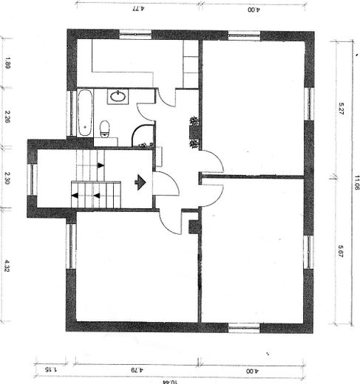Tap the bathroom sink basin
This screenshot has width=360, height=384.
coord(118,95)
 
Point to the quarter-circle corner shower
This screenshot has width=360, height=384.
coord(143,135)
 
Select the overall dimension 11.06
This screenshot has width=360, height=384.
coord(356,182)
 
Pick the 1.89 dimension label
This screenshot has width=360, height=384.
coord(7,65)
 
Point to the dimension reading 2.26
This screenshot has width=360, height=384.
coord(7,117)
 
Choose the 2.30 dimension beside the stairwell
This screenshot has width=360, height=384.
coord(7,177)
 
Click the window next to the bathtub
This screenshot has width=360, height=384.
coord(72,112)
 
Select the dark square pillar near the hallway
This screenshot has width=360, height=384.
coord(194,226)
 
